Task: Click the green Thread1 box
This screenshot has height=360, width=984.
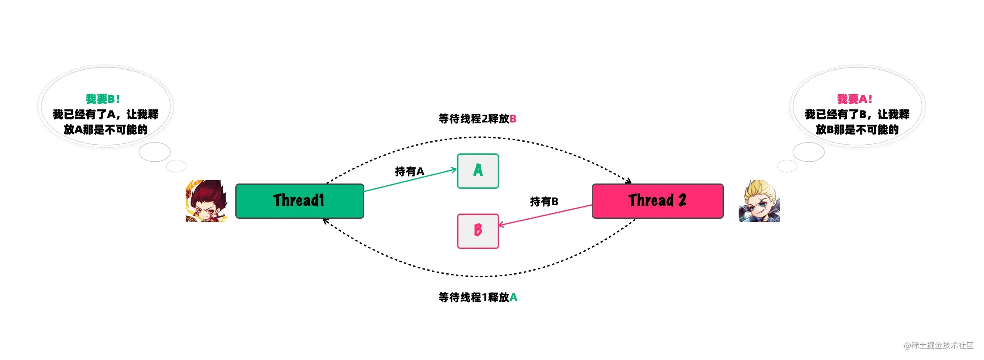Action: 300,201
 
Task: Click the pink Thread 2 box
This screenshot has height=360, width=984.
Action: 658,201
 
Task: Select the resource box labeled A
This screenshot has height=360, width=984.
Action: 478,171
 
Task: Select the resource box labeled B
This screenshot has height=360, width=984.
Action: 478,231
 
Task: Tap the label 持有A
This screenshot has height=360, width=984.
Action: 410,171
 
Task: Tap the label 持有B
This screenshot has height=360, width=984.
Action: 544,201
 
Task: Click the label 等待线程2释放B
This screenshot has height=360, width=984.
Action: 478,119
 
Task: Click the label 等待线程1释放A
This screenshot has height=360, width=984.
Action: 478,297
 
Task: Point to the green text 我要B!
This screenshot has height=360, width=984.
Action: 103,99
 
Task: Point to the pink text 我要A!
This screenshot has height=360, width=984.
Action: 855,99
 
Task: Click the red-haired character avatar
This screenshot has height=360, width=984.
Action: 207,201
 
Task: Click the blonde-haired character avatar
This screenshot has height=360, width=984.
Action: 759,201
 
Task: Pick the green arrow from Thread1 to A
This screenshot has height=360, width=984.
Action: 410,180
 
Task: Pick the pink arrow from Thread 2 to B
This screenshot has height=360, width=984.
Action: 545,215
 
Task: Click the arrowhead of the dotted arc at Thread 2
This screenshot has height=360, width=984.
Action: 628,180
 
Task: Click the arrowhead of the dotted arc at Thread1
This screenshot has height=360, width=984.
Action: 326,221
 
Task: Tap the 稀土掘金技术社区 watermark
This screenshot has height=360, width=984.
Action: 939,345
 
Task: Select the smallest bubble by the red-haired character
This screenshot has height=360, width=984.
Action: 176,166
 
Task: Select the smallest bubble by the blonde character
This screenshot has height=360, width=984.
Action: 787,166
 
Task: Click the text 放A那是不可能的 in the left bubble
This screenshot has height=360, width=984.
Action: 105,129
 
